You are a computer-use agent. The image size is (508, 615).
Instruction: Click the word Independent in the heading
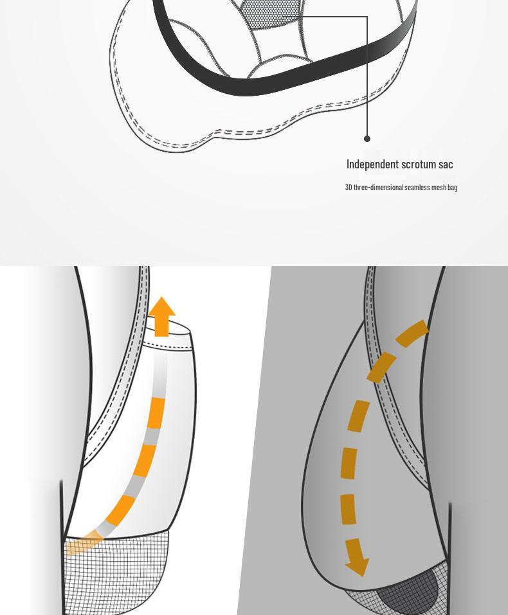(x=372, y=164)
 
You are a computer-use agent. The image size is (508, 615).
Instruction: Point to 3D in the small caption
(x=349, y=188)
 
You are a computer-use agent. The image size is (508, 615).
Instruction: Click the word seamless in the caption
(x=417, y=188)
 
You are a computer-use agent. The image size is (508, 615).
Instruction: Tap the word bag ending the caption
(x=452, y=188)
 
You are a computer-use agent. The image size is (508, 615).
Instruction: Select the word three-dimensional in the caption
(x=379, y=188)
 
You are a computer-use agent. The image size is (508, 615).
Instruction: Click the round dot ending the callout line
(x=367, y=138)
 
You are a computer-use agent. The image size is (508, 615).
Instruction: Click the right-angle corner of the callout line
(x=367, y=17)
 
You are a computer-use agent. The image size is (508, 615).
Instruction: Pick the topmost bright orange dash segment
(x=157, y=413)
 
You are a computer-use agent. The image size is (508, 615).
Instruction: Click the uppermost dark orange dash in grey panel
(x=413, y=332)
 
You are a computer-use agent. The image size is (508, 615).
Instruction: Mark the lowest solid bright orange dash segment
(x=120, y=510)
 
